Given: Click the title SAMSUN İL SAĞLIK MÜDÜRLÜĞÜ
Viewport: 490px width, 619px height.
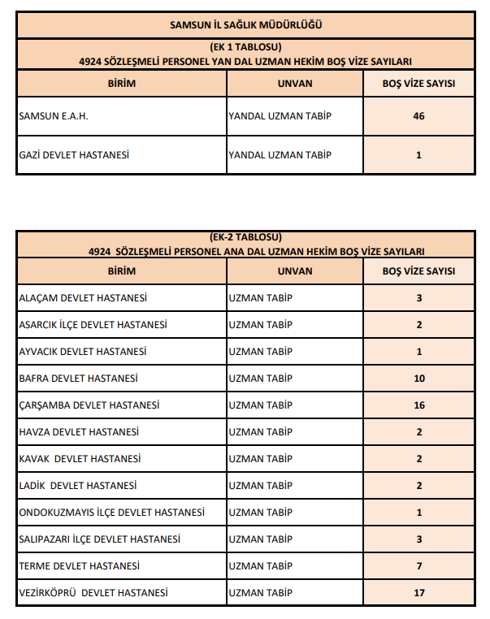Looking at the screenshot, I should [245, 25].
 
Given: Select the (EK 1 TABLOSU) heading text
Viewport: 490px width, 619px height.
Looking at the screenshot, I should [245, 48].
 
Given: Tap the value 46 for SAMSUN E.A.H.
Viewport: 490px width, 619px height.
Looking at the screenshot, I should [418, 116].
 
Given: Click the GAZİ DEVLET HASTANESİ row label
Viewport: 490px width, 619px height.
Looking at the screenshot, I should [74, 155].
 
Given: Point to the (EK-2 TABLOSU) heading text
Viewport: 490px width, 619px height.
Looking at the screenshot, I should [245, 238].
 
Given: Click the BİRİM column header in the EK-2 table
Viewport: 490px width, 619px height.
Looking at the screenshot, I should [121, 271].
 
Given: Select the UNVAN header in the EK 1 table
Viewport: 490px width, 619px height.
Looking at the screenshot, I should [294, 84].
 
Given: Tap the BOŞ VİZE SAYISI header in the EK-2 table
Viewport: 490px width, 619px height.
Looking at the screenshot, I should [418, 271].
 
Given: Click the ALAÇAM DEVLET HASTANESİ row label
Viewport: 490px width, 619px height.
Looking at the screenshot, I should [83, 298].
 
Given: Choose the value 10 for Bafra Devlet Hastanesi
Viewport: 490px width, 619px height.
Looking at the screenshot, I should [418, 379].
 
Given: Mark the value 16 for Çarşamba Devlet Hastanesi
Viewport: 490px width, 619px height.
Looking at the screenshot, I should [418, 405].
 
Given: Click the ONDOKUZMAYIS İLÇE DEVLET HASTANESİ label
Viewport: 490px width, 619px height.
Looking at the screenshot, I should [111, 513].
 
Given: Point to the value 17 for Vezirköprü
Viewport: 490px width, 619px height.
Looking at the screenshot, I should [418, 593].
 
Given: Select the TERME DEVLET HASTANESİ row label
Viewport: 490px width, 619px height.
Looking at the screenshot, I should [79, 566].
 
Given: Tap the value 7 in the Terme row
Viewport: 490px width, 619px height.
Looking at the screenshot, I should [418, 566].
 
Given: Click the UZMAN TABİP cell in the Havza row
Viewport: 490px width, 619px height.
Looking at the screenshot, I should [261, 432].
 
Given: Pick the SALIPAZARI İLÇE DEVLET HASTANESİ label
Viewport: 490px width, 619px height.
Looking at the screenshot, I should [99, 539].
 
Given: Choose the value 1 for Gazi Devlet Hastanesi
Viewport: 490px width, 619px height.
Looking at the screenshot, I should [418, 155].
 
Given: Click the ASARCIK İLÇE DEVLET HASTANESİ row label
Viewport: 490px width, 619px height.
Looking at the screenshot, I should [93, 325].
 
